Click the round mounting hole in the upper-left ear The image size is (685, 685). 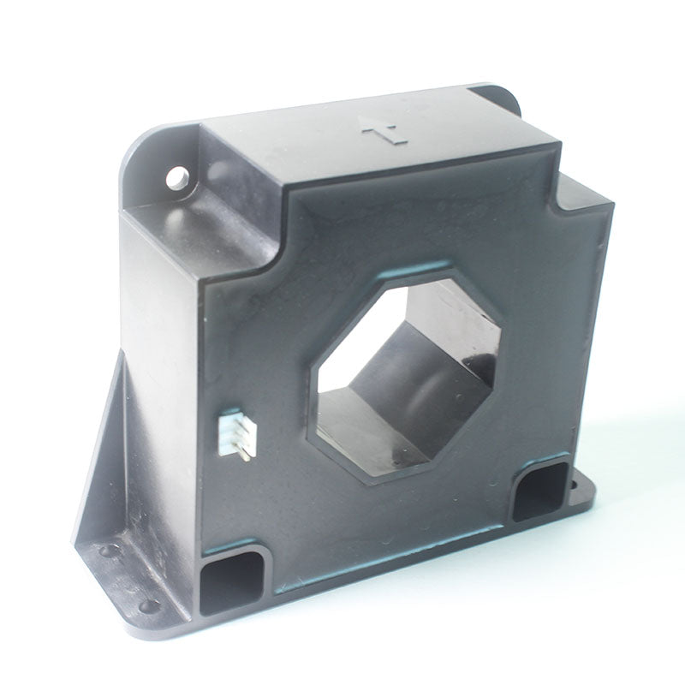point(176,178)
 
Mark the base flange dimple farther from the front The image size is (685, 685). point(105,551)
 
